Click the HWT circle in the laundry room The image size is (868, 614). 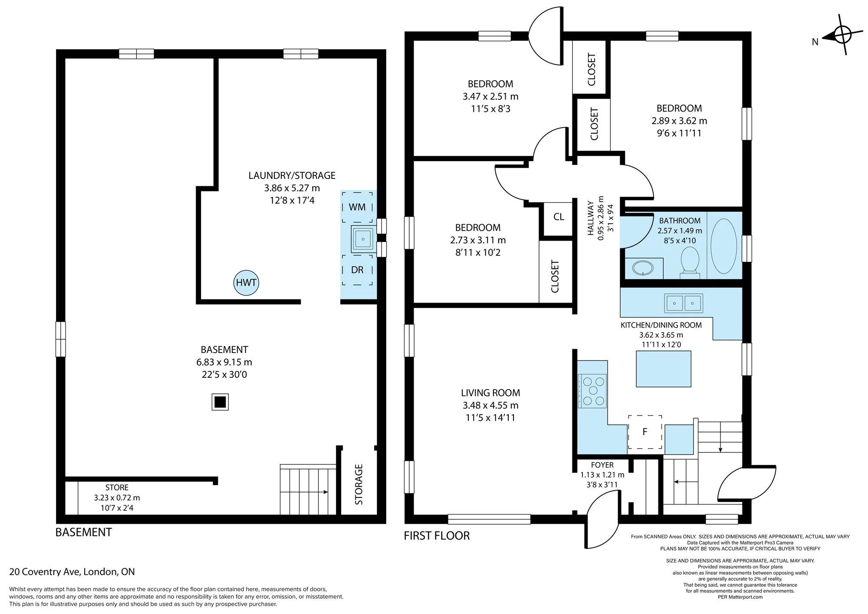[x=246, y=283]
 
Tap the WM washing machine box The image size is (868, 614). [x=357, y=207]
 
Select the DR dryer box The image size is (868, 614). [x=357, y=270]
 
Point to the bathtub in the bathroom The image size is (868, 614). [x=723, y=246]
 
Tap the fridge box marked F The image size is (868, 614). [x=645, y=432]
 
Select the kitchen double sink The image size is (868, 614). [x=683, y=303]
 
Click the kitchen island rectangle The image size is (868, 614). [x=663, y=368]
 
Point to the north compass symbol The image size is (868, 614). [x=842, y=35]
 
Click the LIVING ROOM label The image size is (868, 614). [x=490, y=393]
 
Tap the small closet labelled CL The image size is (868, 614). [x=559, y=217]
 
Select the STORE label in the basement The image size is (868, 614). [x=117, y=488]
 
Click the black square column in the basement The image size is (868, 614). [x=220, y=402]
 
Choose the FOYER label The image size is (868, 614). [x=602, y=465]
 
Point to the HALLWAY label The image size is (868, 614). [x=590, y=218]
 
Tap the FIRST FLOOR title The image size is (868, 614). [x=437, y=535]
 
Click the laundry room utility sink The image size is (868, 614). [x=363, y=238]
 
